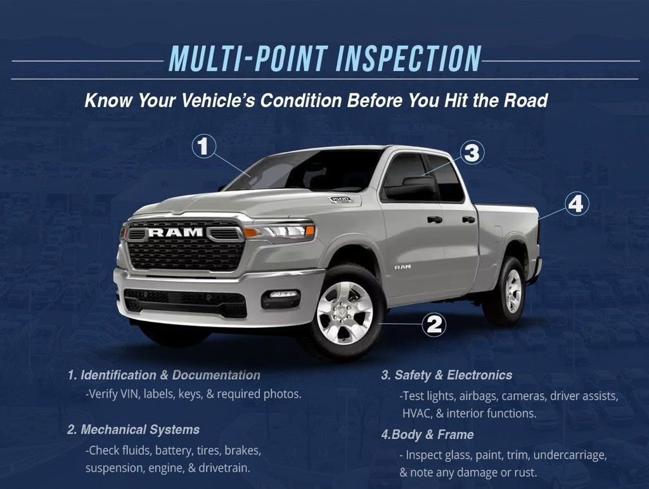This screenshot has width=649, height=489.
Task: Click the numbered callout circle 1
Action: (203, 147)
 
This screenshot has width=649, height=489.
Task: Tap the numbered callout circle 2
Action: (434, 325)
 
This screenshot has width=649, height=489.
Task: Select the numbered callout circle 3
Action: (471, 152)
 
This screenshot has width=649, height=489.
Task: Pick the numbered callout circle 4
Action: (575, 204)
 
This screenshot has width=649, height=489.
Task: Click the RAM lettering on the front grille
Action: (176, 233)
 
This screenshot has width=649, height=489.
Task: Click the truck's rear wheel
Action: (509, 290)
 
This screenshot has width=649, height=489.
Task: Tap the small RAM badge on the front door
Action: (402, 267)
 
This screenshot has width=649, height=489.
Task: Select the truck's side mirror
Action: (412, 187)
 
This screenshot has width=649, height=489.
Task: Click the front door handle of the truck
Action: (434, 219)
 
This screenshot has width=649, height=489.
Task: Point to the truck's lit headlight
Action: (280, 231)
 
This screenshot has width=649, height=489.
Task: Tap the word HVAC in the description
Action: (416, 413)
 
